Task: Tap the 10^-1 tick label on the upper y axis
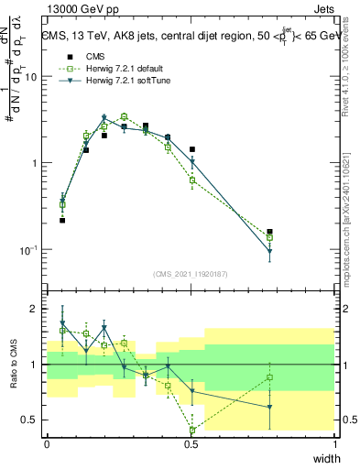click(30, 250)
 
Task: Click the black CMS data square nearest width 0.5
click(192, 149)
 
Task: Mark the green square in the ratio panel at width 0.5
click(192, 430)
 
